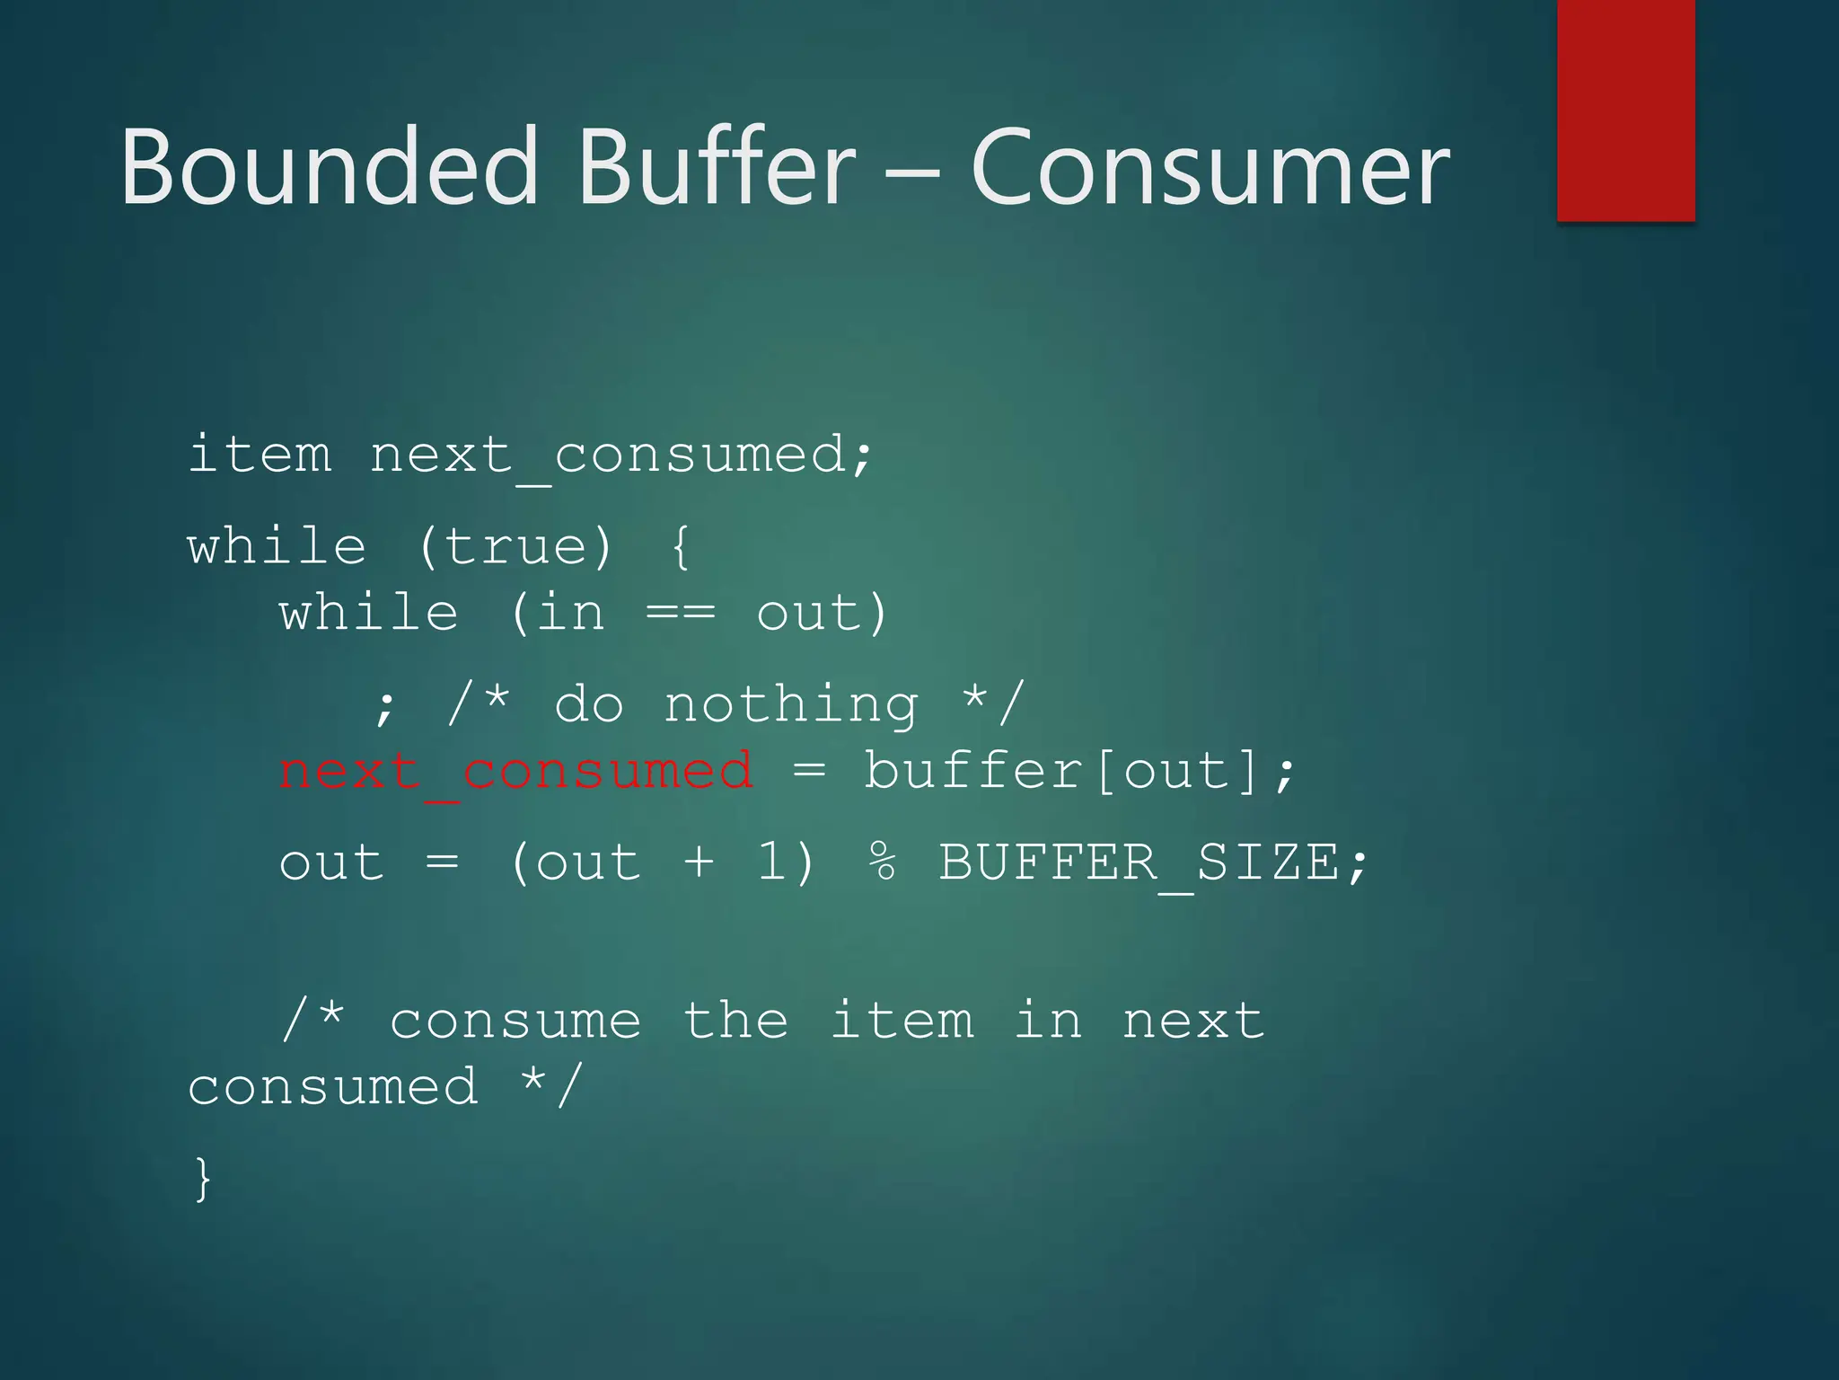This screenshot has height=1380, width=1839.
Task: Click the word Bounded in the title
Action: (329, 167)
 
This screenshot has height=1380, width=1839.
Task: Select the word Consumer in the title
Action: (1210, 167)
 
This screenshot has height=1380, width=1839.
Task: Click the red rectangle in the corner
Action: (1625, 110)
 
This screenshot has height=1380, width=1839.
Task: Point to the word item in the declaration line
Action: (260, 454)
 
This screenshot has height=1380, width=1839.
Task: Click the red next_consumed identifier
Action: (515, 772)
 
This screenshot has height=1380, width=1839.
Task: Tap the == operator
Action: (681, 614)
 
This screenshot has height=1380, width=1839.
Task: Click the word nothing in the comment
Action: (791, 703)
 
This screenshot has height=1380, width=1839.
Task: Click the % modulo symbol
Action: (882, 862)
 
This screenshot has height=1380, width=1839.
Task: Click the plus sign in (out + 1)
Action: (700, 862)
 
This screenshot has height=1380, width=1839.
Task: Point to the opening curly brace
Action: (681, 546)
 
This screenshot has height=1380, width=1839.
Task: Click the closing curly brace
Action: (203, 1179)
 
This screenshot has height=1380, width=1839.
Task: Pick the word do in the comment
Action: (588, 703)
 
